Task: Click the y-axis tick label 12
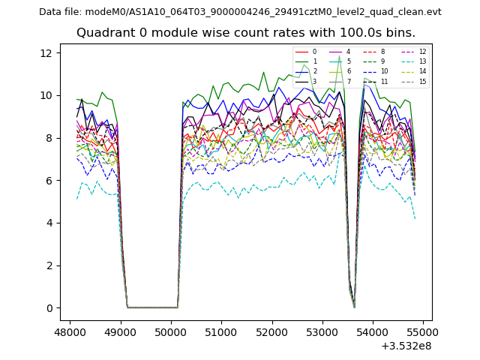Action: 46,52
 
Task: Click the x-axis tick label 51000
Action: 221,331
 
